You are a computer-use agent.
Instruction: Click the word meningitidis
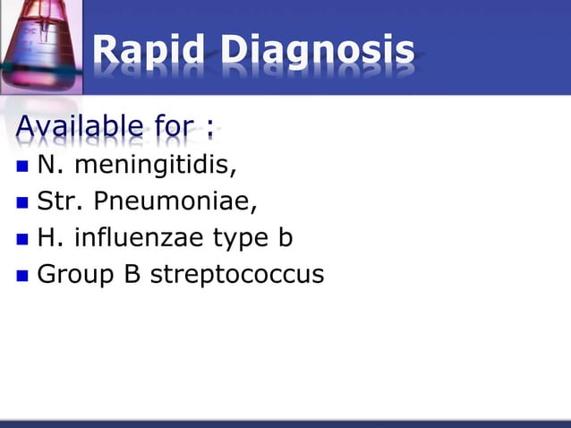tap(156, 166)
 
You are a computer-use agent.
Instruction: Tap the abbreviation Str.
tap(59, 202)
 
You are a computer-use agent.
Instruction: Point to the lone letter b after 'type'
tap(285, 239)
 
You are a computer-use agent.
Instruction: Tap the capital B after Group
tap(128, 275)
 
